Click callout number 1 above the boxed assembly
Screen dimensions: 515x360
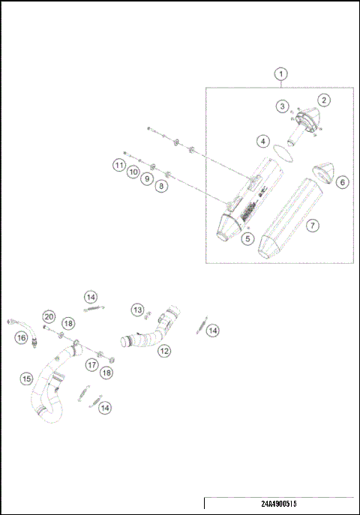click(x=280, y=74)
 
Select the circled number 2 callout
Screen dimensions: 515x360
click(x=323, y=100)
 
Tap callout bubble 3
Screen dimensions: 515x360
click(x=282, y=107)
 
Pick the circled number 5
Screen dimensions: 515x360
click(x=247, y=238)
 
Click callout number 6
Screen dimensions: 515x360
click(x=341, y=182)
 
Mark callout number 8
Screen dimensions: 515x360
click(x=161, y=185)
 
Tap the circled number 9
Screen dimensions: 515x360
click(x=147, y=179)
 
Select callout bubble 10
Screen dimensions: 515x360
click(x=133, y=172)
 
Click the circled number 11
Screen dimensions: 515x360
click(x=119, y=164)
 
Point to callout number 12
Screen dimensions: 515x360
click(x=163, y=350)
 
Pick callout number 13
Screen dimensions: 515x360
click(x=137, y=310)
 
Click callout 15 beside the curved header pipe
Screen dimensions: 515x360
click(x=26, y=379)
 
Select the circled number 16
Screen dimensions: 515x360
click(x=21, y=338)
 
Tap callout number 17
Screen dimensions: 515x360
click(x=91, y=365)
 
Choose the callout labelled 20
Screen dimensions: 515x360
click(x=48, y=316)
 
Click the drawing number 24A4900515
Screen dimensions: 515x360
click(x=279, y=505)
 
